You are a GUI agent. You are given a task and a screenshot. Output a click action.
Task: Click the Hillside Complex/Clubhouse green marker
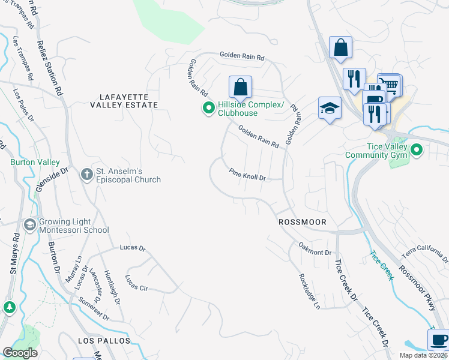[208, 109]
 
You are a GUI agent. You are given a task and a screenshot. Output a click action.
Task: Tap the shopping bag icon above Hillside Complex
[240, 88]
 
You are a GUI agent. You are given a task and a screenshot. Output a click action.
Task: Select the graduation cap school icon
[330, 108]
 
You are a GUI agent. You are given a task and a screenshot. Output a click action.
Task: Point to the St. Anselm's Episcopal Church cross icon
[87, 174]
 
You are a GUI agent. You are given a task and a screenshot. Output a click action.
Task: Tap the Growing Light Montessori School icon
[29, 224]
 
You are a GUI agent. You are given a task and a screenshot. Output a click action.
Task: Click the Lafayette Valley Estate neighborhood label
[124, 100]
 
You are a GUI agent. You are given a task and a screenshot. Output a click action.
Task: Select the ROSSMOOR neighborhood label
[303, 222]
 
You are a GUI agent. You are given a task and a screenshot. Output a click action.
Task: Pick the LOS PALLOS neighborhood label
[104, 340]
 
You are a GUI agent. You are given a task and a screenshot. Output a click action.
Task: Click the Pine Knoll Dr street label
[247, 175]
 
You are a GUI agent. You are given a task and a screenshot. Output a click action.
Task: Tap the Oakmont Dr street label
[315, 252]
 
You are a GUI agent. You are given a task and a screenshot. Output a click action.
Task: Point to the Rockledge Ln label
[309, 292]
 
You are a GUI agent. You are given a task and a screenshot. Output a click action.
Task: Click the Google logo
[20, 352]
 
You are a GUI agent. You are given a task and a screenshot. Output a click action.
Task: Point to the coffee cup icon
[438, 340]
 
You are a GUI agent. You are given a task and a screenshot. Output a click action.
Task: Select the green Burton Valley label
[34, 162]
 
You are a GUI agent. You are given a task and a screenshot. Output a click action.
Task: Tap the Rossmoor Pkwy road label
[423, 284]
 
